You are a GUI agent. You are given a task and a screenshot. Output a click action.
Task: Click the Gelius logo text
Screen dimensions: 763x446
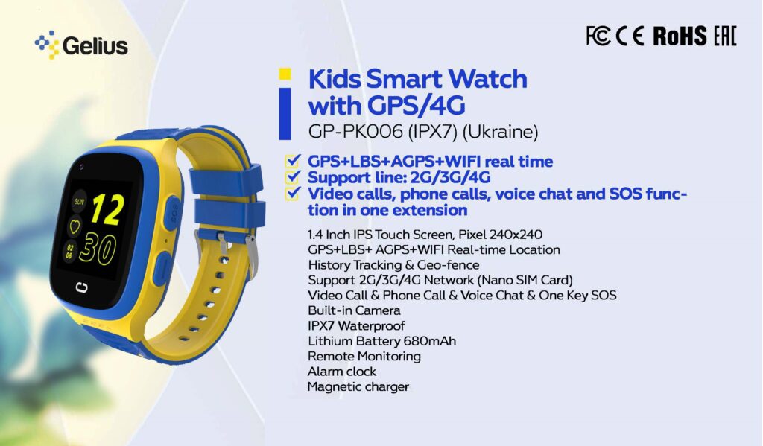click(95, 46)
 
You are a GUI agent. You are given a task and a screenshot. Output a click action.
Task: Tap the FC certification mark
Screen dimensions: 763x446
click(598, 36)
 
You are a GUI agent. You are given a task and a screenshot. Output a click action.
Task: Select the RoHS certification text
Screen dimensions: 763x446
click(680, 36)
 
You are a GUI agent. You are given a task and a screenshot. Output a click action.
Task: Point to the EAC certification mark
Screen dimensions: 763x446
click(725, 36)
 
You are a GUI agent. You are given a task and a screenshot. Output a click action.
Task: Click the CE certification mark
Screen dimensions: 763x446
click(630, 36)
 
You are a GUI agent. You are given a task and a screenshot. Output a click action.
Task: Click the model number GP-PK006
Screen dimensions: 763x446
click(355, 132)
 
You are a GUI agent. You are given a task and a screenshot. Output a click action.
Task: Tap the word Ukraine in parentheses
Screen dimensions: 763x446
click(500, 132)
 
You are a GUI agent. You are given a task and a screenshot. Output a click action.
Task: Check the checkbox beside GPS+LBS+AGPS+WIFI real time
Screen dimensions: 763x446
click(292, 161)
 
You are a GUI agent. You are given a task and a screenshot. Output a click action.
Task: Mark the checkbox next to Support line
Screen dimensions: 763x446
click(292, 176)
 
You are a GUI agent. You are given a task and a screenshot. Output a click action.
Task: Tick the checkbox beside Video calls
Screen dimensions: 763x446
click(292, 193)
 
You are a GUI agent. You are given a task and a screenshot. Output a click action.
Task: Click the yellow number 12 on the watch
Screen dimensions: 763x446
click(107, 210)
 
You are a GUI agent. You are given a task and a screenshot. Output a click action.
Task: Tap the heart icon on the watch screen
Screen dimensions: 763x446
click(75, 226)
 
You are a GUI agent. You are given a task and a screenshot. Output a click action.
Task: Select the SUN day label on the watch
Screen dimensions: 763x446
click(79, 201)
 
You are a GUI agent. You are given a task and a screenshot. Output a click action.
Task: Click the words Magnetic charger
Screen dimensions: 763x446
click(358, 386)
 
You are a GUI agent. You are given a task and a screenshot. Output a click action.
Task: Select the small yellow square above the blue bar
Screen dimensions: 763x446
click(285, 74)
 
